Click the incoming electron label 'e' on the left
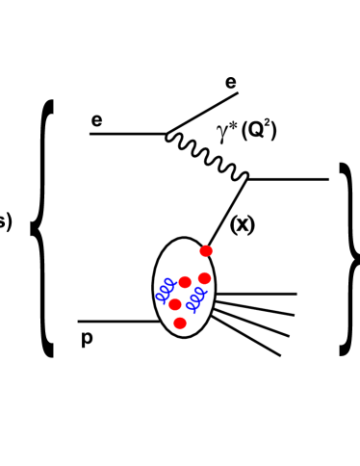[96, 121]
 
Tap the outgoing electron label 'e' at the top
[231, 83]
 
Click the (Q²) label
[259, 129]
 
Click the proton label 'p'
[87, 338]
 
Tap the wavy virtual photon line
[208, 155]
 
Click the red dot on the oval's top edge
[206, 251]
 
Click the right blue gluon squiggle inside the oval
[193, 304]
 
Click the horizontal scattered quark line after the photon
[289, 179]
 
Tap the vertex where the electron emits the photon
[166, 133]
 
